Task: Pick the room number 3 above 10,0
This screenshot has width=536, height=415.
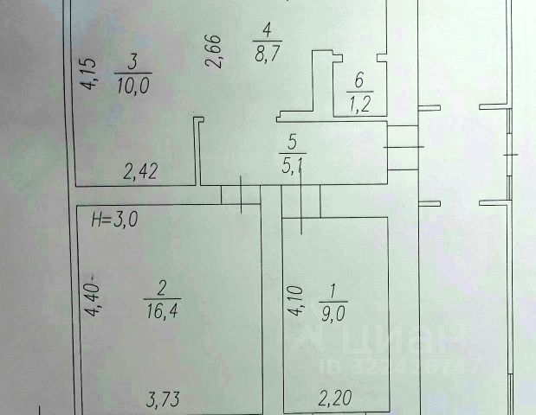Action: point(132,62)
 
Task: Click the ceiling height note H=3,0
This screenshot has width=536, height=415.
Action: point(115,220)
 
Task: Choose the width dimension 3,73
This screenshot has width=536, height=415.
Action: point(163,399)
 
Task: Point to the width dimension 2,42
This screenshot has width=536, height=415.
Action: point(140,172)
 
